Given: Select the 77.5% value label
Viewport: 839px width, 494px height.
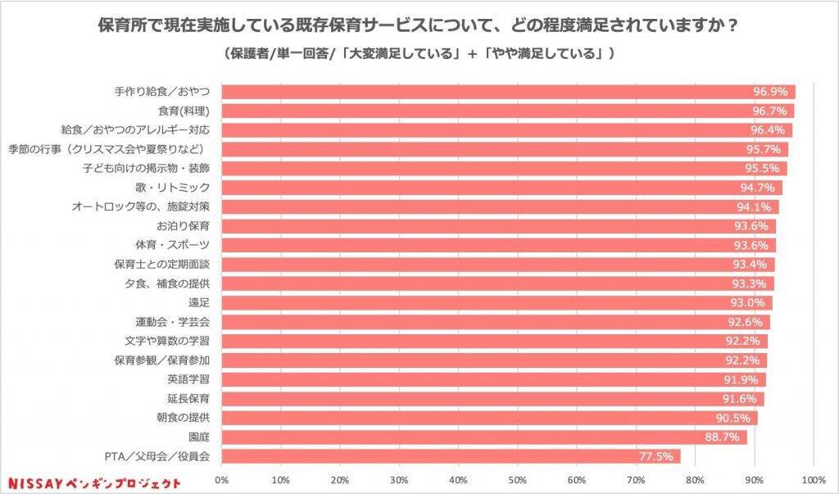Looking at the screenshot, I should click(x=657, y=456).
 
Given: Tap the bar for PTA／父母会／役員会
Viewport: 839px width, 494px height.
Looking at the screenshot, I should click(x=451, y=456).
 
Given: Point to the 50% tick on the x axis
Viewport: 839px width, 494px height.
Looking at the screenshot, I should click(x=518, y=479).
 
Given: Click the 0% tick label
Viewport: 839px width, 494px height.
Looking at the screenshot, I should click(x=221, y=479).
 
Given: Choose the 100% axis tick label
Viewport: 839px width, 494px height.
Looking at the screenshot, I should click(x=814, y=479).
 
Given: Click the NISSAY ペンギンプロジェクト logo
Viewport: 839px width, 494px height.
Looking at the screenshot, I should click(x=93, y=483).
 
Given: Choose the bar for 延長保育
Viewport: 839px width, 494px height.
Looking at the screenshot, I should click(x=492, y=399).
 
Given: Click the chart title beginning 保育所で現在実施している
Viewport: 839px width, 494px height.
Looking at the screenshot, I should click(x=419, y=25).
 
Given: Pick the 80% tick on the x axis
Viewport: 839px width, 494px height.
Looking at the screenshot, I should click(x=696, y=479).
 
